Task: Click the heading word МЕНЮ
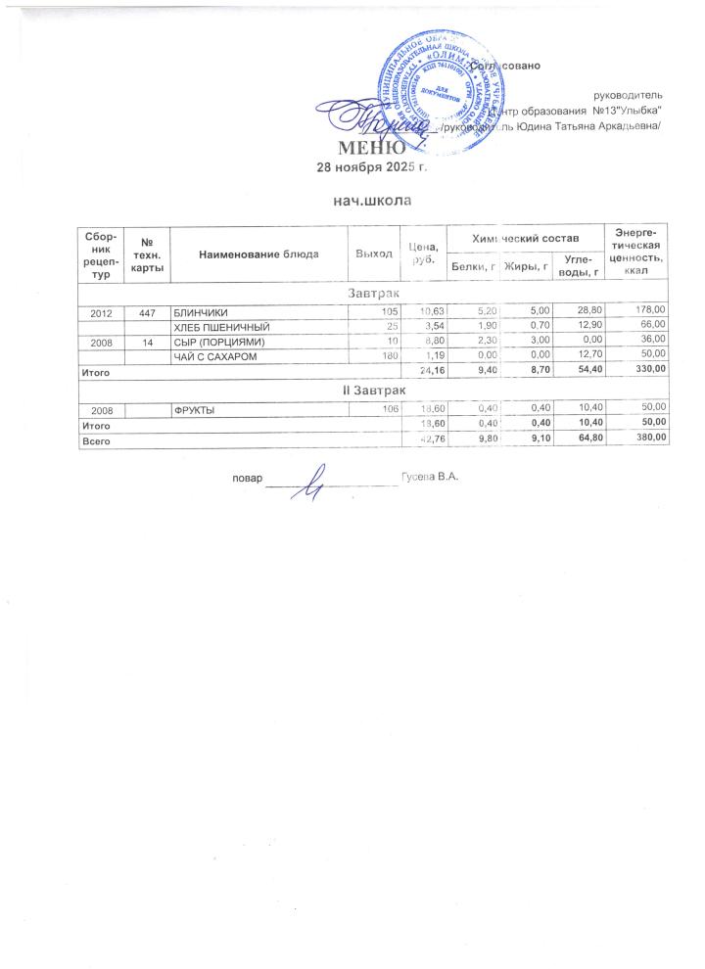click(x=371, y=149)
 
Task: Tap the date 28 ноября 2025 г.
click(x=372, y=167)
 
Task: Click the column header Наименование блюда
click(x=258, y=254)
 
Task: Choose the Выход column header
click(x=374, y=254)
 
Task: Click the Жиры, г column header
click(x=524, y=265)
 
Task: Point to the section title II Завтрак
click(x=372, y=391)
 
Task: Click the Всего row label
click(x=95, y=441)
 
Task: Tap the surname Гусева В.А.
click(x=430, y=477)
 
